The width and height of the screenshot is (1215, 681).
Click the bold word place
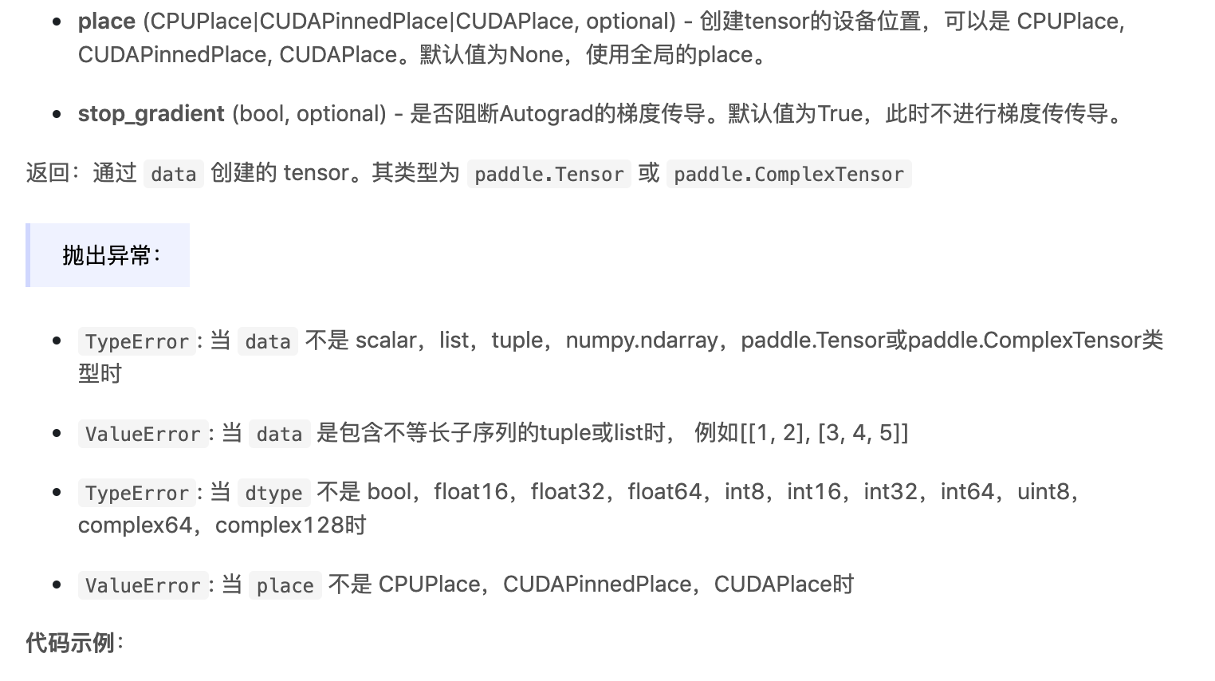click(x=106, y=22)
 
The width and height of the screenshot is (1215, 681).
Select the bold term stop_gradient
click(x=151, y=114)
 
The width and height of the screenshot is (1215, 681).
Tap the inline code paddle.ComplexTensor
click(x=788, y=174)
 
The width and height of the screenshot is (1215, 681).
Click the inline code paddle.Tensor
click(x=549, y=174)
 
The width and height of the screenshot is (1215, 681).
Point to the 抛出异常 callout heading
click(x=111, y=255)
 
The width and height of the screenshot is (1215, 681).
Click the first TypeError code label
click(x=136, y=341)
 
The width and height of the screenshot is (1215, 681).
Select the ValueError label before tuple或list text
click(x=143, y=434)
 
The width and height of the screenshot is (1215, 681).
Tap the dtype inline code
click(x=273, y=493)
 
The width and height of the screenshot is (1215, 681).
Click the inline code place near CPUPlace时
click(x=285, y=585)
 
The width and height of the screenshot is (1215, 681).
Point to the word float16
click(x=470, y=492)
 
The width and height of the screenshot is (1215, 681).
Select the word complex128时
click(x=290, y=526)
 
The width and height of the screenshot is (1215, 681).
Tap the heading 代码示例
click(x=71, y=643)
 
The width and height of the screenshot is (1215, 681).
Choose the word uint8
click(x=1043, y=492)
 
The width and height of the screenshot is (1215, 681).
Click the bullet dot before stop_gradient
click(x=57, y=114)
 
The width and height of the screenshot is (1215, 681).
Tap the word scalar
click(x=385, y=340)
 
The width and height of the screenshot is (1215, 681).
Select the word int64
click(x=967, y=492)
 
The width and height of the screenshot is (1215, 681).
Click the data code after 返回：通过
click(x=173, y=174)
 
